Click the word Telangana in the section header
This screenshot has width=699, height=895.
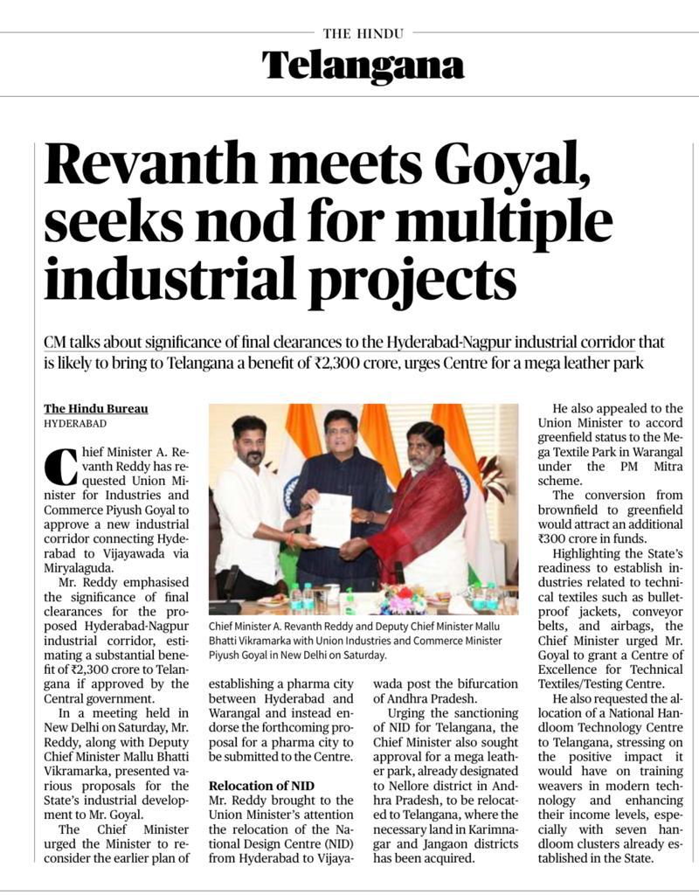pos(363,66)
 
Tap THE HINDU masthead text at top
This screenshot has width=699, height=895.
pos(363,33)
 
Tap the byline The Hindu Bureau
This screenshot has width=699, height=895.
pos(96,408)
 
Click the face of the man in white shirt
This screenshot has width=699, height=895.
pos(249,446)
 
